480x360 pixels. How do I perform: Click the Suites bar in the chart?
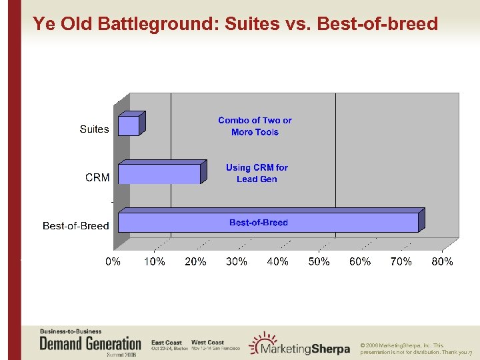tap(129, 125)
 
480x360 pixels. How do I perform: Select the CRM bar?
tap(159, 173)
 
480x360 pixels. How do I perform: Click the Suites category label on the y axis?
tap(94, 129)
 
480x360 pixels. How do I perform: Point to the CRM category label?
tap(97, 177)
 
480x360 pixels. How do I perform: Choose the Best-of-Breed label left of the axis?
tap(75, 226)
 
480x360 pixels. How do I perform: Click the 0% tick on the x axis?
tap(113, 262)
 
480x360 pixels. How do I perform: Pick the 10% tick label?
tap(154, 262)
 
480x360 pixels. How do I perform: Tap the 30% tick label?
tap(237, 262)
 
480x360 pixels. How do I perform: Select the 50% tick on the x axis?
tap(319, 262)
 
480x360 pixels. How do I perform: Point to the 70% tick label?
tap(401, 262)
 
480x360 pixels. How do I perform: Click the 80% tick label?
tap(442, 262)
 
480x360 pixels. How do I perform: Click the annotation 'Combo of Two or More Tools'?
tap(255, 126)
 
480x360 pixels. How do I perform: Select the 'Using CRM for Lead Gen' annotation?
tap(257, 173)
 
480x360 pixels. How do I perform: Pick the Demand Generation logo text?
tap(90, 344)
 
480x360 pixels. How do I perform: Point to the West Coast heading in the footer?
tap(207, 342)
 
